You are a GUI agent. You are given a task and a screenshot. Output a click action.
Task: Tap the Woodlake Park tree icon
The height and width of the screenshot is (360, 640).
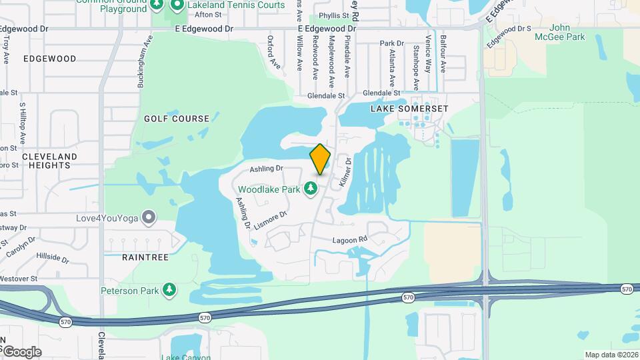tap(310, 189)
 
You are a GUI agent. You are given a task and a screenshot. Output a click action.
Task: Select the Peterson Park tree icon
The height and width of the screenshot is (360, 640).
tap(170, 290)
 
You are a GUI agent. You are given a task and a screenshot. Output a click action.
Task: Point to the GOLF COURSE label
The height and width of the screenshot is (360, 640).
tap(177, 119)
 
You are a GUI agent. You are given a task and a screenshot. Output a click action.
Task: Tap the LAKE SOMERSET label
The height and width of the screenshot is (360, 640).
tap(409, 108)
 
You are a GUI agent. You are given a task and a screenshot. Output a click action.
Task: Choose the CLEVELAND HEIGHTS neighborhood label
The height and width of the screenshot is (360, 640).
tap(49, 161)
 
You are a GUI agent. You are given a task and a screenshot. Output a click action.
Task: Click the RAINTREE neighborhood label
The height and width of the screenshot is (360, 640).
tap(145, 256)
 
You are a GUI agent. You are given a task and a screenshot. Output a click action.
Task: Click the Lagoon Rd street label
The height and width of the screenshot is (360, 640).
tap(350, 239)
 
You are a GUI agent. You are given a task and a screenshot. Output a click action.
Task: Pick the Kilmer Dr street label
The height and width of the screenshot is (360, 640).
tap(345, 171)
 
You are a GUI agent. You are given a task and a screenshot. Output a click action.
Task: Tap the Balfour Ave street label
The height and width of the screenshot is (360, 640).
tap(443, 54)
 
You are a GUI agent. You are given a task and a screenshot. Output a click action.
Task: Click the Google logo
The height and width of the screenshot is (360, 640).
tap(22, 351)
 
